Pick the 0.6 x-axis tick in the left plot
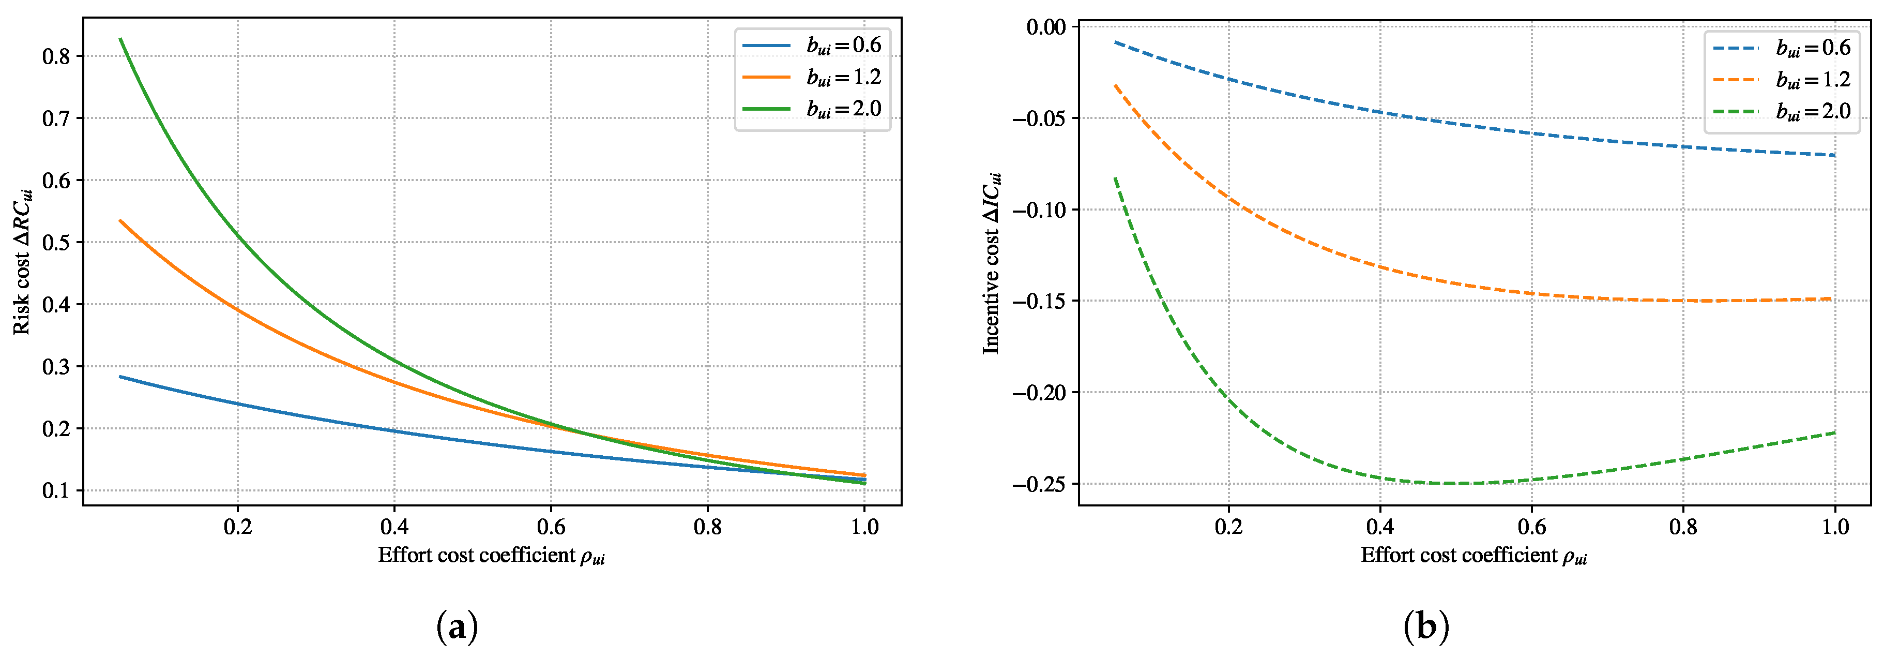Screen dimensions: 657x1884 [x=551, y=527]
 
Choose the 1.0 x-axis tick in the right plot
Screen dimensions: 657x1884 [x=1834, y=527]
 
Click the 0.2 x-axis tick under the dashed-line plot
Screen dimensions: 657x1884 [x=1229, y=527]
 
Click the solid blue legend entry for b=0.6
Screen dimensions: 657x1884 [x=812, y=46]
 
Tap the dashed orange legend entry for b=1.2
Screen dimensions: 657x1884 [x=1782, y=80]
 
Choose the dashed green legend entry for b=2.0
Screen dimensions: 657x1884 [x=1782, y=111]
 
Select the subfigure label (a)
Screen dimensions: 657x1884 [x=457, y=627]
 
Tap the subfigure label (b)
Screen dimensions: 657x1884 [x=1426, y=627]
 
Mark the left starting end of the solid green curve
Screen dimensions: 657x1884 [x=120, y=39]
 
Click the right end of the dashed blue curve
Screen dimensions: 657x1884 [x=1834, y=155]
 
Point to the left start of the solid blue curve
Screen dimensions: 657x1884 [x=120, y=377]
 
